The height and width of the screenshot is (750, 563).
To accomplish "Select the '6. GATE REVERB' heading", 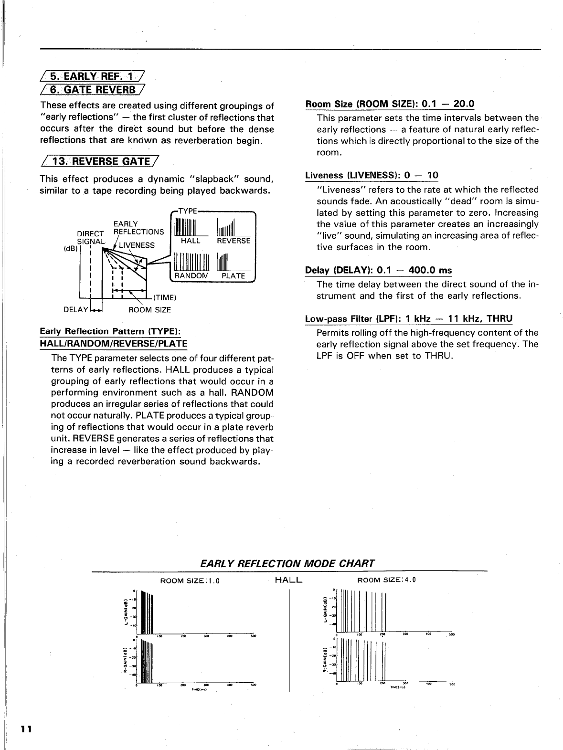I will tap(93, 89).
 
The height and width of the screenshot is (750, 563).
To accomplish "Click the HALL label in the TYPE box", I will tap(191, 241).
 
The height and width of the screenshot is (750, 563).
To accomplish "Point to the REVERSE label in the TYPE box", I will tap(234, 241).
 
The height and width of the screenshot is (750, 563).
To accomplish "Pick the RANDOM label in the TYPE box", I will tap(191, 276).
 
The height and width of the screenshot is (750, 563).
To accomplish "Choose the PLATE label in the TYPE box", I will tap(234, 276).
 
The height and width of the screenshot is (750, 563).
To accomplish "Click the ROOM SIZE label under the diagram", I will tap(149, 310).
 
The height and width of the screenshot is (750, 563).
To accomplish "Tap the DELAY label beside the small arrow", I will tap(76, 310).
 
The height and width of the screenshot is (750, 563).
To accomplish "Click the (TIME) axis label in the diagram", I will tap(165, 298).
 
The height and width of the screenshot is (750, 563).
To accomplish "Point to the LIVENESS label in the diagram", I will tap(137, 245).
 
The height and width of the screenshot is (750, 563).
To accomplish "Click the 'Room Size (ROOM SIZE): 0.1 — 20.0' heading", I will tap(390, 104).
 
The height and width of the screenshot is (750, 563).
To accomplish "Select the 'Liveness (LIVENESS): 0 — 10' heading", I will tap(372, 175).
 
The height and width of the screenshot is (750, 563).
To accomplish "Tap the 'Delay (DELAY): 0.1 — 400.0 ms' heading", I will tap(378, 271).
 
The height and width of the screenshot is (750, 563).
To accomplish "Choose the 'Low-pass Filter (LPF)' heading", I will tap(408, 318).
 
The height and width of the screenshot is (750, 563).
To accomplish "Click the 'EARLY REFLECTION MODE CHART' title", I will tap(287, 563).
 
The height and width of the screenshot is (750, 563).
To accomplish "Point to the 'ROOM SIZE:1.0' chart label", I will tap(190, 581).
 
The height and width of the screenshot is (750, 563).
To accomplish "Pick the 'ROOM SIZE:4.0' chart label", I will tap(387, 580).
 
